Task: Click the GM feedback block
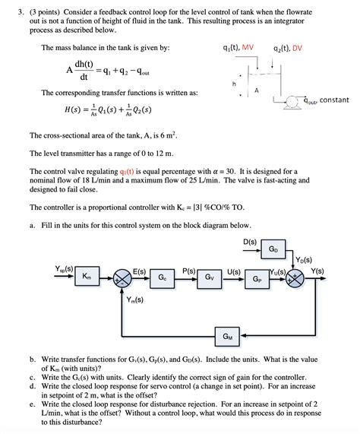click(228, 336)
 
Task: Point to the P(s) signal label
click(189, 270)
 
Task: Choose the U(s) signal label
click(233, 270)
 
